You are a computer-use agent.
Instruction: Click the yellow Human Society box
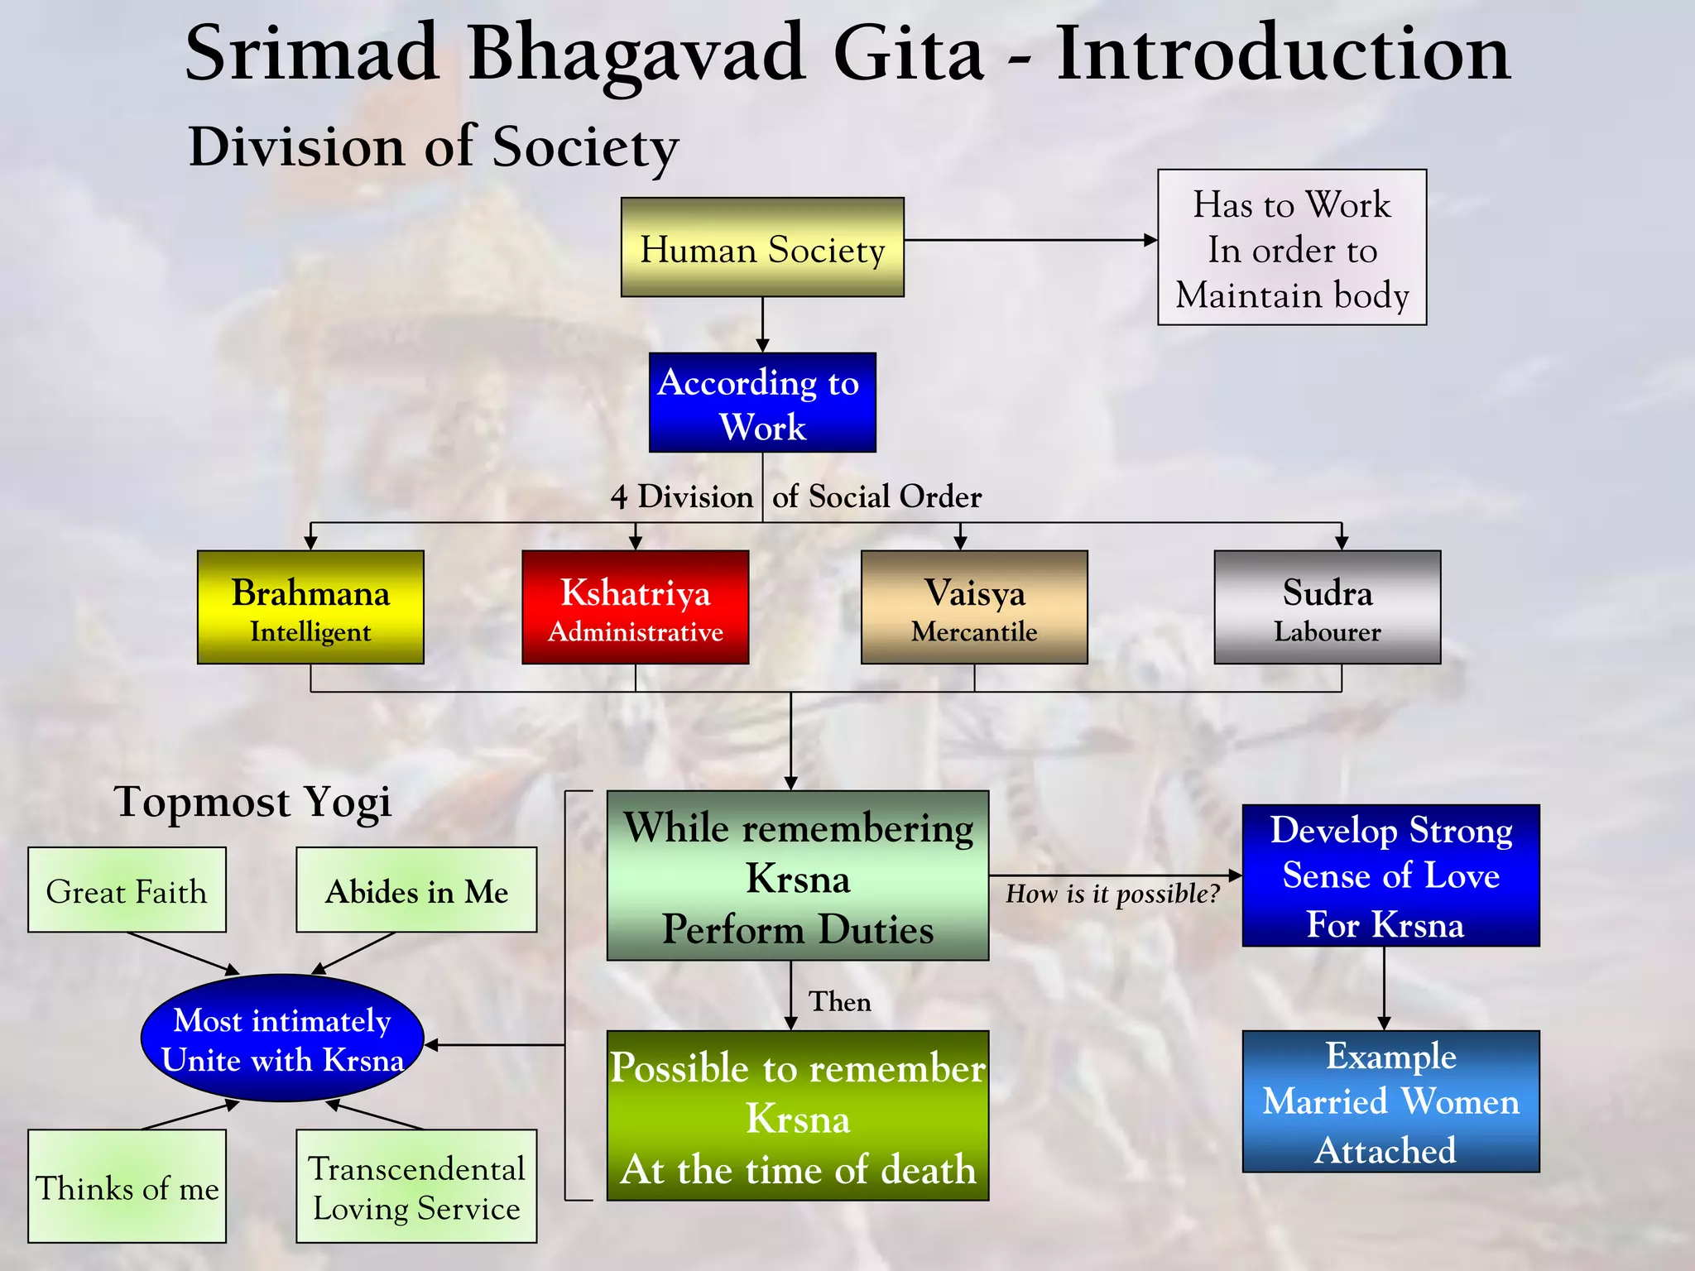(x=762, y=247)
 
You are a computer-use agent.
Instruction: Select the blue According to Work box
(x=762, y=403)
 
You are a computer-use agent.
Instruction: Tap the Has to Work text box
(x=1291, y=248)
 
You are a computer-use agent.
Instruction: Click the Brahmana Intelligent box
(x=310, y=607)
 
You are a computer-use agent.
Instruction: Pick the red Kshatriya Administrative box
(x=635, y=607)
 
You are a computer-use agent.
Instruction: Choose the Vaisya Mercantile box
(x=974, y=607)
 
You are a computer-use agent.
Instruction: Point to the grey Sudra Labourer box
(x=1327, y=607)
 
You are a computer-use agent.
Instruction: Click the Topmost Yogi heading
(x=252, y=802)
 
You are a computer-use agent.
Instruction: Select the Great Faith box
(x=127, y=890)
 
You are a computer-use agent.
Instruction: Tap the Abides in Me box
(x=416, y=890)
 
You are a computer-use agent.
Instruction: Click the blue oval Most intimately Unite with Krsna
(x=282, y=1038)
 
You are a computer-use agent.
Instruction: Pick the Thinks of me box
(x=127, y=1187)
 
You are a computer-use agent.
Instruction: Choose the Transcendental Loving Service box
(x=416, y=1187)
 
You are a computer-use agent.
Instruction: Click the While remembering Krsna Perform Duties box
(x=797, y=876)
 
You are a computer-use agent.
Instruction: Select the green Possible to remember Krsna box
(x=797, y=1115)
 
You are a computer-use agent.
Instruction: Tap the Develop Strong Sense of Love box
(x=1390, y=875)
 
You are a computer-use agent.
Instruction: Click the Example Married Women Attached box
(x=1390, y=1101)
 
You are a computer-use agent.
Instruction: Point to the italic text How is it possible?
(x=1112, y=894)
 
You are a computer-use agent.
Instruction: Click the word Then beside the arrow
(x=839, y=1001)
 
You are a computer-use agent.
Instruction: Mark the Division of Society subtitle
(x=434, y=147)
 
